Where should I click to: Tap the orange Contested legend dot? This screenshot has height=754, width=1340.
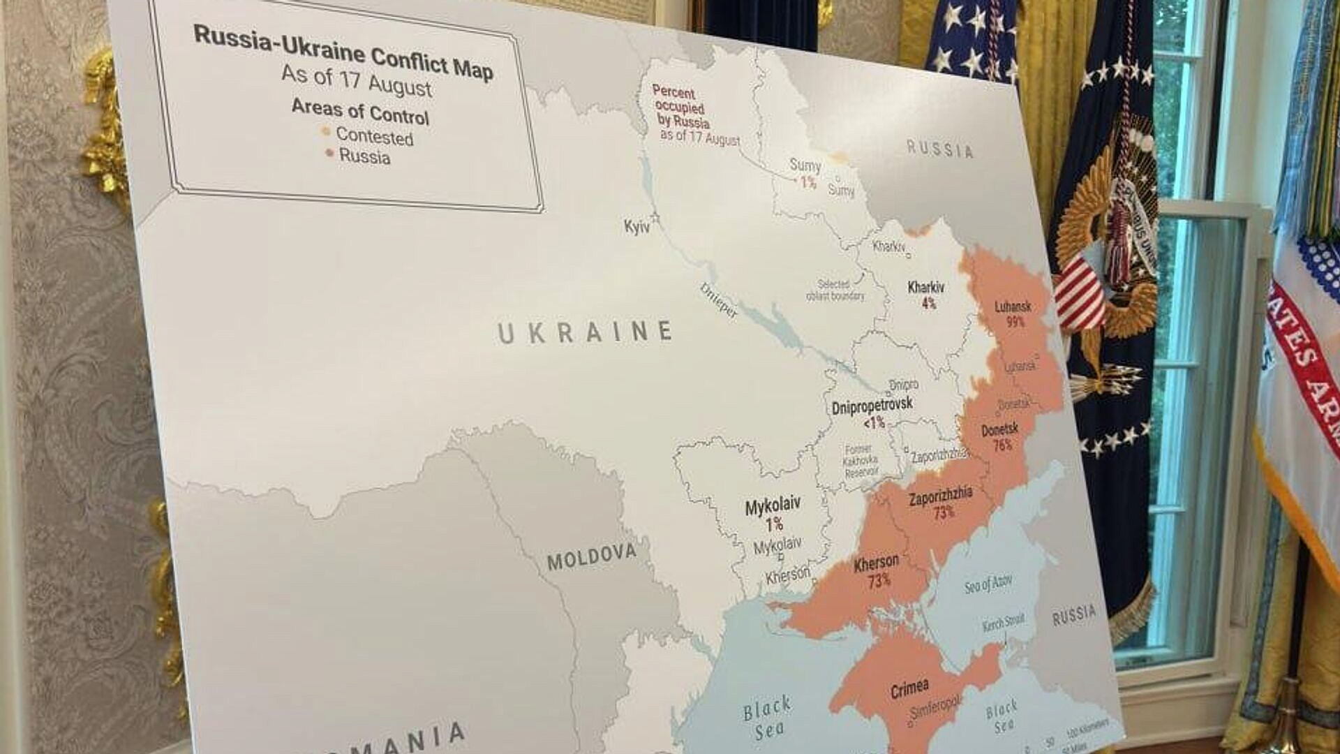[326, 131]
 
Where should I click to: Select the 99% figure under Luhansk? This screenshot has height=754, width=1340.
[1015, 321]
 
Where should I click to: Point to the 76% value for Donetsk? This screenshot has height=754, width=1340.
[1002, 445]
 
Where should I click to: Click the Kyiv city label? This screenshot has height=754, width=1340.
[636, 226]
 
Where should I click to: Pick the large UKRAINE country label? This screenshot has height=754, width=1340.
[585, 332]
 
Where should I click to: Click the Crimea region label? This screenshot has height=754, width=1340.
[909, 689]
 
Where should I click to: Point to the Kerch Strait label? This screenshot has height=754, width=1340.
[1004, 622]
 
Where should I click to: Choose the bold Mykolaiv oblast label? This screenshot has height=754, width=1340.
[773, 505]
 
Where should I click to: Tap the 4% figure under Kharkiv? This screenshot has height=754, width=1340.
[929, 303]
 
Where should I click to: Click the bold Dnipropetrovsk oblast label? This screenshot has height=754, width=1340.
[872, 406]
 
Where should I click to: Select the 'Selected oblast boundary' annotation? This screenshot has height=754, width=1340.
[835, 290]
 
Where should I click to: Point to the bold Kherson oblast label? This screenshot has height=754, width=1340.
[877, 562]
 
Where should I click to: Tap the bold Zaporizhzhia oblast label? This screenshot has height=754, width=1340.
[940, 497]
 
